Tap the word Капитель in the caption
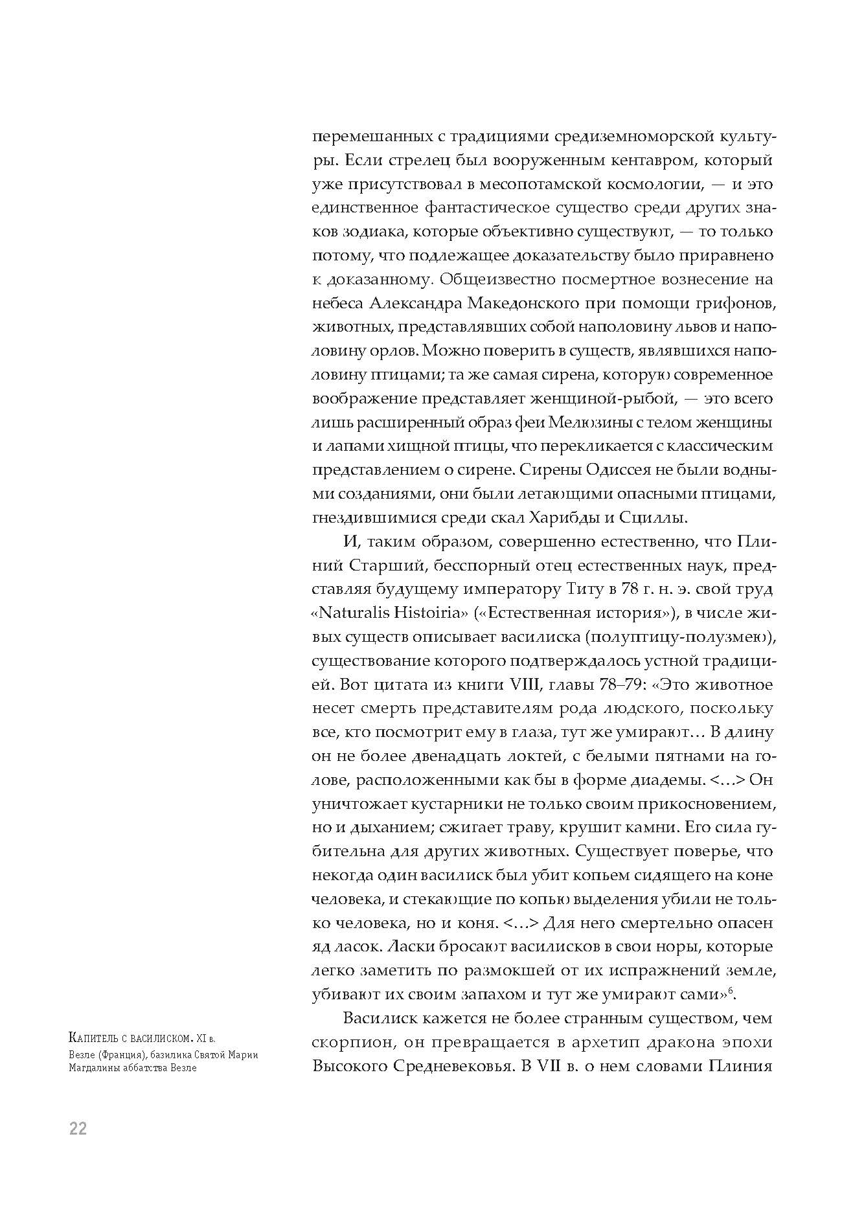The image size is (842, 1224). pos(92,1039)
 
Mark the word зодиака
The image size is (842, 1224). pos(376,232)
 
